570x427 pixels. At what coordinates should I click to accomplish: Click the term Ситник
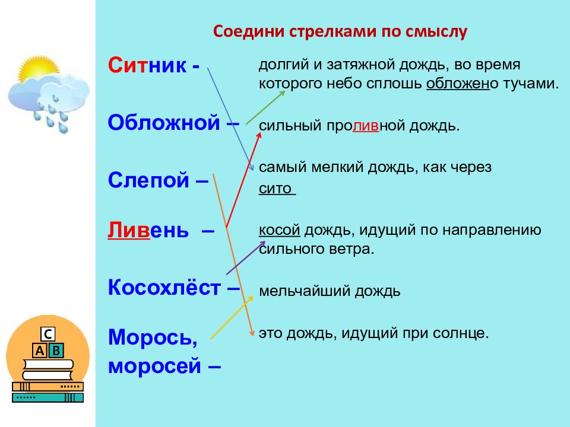click(148, 65)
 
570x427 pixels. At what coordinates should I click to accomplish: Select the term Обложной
click(164, 122)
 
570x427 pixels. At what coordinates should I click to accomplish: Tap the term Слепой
click(148, 180)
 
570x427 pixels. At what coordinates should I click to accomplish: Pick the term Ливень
click(148, 230)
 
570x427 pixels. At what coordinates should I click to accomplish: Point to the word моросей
click(154, 365)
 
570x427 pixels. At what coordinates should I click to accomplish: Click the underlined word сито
click(275, 189)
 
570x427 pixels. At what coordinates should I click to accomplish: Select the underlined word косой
click(279, 230)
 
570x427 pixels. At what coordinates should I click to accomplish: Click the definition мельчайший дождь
click(330, 291)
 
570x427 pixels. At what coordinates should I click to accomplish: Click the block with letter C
click(47, 334)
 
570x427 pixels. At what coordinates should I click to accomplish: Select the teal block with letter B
click(56, 350)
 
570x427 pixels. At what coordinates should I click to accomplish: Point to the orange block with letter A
click(40, 350)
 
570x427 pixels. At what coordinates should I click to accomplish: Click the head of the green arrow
click(281, 93)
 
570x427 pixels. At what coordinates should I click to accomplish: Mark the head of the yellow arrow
click(250, 299)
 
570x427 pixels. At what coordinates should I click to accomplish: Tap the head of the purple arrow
click(262, 244)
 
